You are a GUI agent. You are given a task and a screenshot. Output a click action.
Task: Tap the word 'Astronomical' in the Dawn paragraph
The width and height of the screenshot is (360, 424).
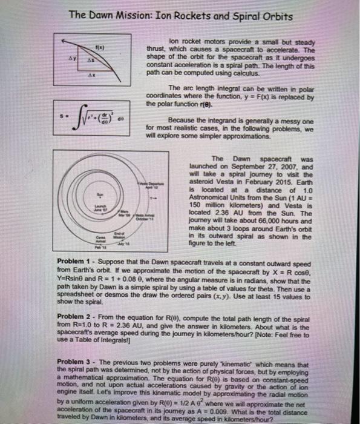[x=213, y=197]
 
